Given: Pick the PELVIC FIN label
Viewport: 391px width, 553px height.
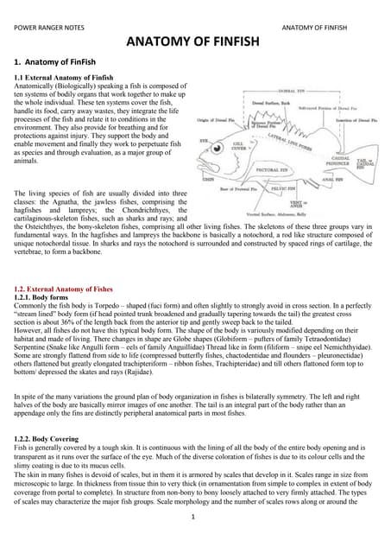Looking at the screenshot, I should click(x=284, y=186).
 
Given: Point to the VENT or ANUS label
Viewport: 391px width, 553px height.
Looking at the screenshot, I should click(x=299, y=203).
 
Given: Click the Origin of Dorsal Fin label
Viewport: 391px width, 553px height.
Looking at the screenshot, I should click(x=223, y=120).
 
